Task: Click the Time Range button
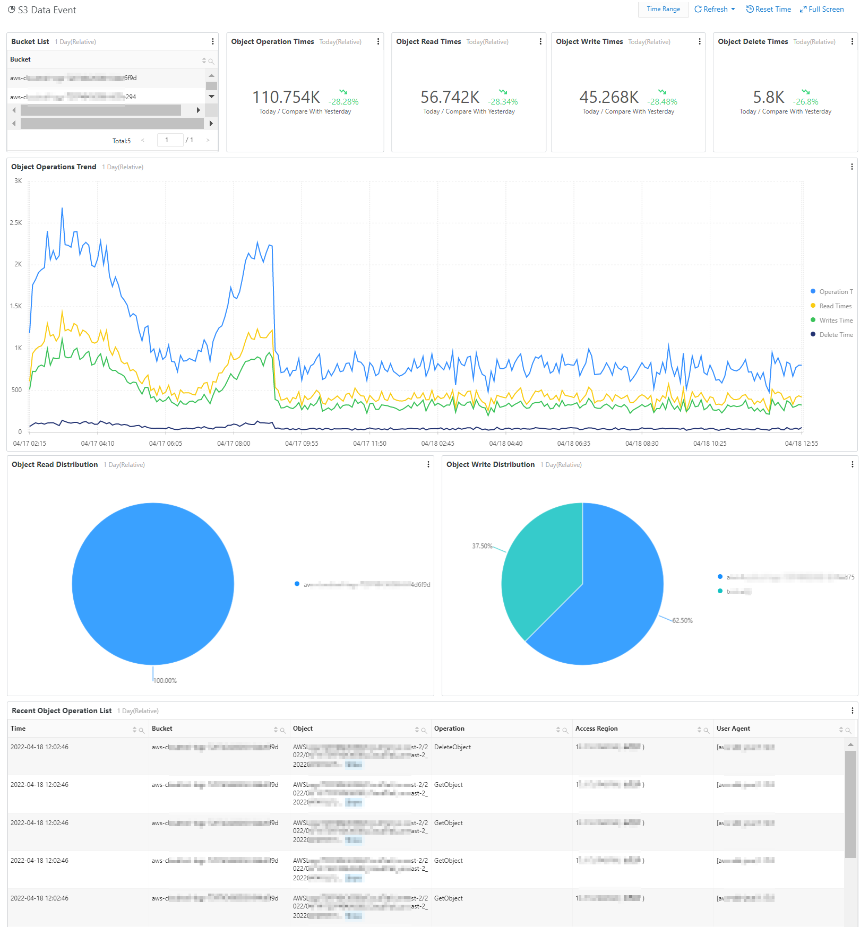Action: click(x=663, y=9)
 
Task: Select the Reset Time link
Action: click(x=769, y=9)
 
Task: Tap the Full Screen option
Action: click(x=822, y=9)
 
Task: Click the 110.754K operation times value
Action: click(x=286, y=97)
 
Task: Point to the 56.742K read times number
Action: click(x=450, y=97)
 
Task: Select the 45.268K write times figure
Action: click(x=609, y=97)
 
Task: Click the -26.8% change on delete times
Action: click(x=805, y=101)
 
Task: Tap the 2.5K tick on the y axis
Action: click(x=16, y=223)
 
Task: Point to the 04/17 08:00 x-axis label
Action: click(x=234, y=444)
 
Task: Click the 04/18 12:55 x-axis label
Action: click(x=801, y=444)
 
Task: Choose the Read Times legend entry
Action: click(x=835, y=306)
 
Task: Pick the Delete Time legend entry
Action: click(x=836, y=335)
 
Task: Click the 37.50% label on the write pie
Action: click(x=482, y=546)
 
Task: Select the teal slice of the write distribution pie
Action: click(x=536, y=573)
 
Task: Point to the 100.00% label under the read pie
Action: click(x=165, y=681)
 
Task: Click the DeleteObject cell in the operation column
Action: click(x=452, y=747)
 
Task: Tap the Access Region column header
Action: click(x=596, y=729)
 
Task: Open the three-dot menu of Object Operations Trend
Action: click(x=852, y=167)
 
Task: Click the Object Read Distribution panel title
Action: click(x=55, y=464)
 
